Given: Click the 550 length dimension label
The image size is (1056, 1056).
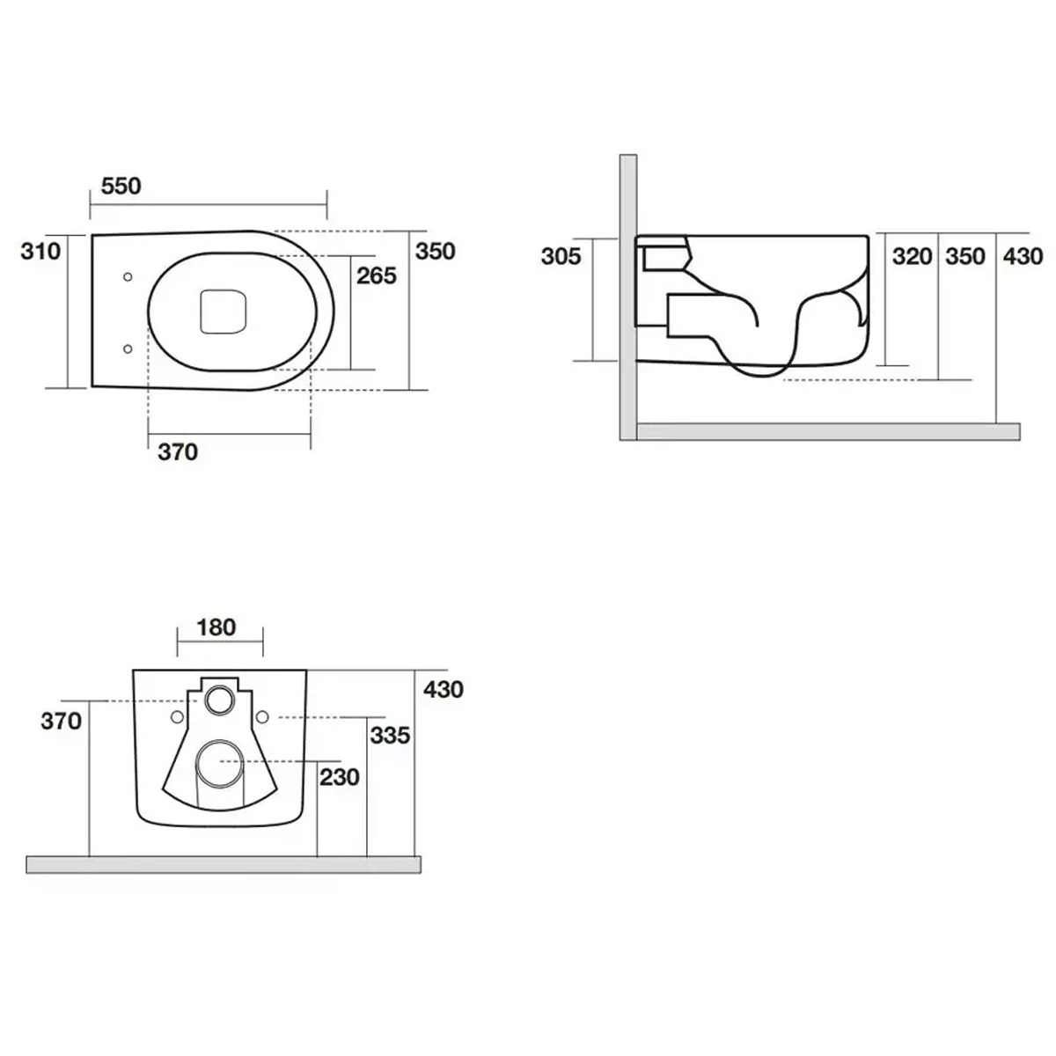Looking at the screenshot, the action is [x=121, y=187].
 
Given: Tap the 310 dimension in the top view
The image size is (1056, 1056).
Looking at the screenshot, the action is [x=40, y=252].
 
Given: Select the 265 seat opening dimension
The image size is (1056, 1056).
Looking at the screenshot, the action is [x=377, y=275].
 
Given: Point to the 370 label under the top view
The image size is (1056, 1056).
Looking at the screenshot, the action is [x=178, y=452].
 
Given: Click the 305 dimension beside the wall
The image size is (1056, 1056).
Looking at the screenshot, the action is [x=561, y=256].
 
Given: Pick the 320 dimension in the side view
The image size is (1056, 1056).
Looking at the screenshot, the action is [x=913, y=256].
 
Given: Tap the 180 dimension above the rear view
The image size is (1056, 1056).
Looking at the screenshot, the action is [x=216, y=627].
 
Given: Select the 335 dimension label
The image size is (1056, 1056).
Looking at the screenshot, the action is [x=390, y=736].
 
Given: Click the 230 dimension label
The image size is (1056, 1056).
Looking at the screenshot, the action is [x=340, y=777].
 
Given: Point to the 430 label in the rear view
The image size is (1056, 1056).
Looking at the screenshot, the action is [x=444, y=689].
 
